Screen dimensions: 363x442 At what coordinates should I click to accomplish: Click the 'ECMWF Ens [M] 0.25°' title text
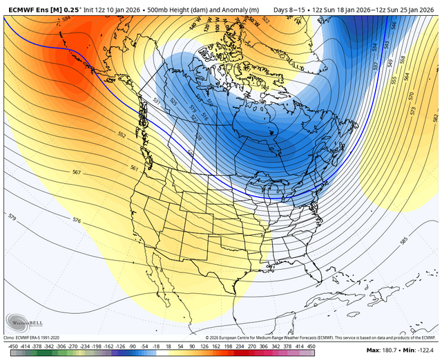(x=41, y=10)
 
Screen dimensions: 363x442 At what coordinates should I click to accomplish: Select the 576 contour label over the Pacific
(x=76, y=219)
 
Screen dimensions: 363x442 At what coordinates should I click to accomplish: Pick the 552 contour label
(x=122, y=136)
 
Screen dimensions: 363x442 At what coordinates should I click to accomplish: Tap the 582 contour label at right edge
(x=434, y=118)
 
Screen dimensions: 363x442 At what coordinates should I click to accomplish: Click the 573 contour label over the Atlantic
(x=413, y=110)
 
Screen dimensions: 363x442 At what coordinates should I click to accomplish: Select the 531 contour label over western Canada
(x=157, y=102)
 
